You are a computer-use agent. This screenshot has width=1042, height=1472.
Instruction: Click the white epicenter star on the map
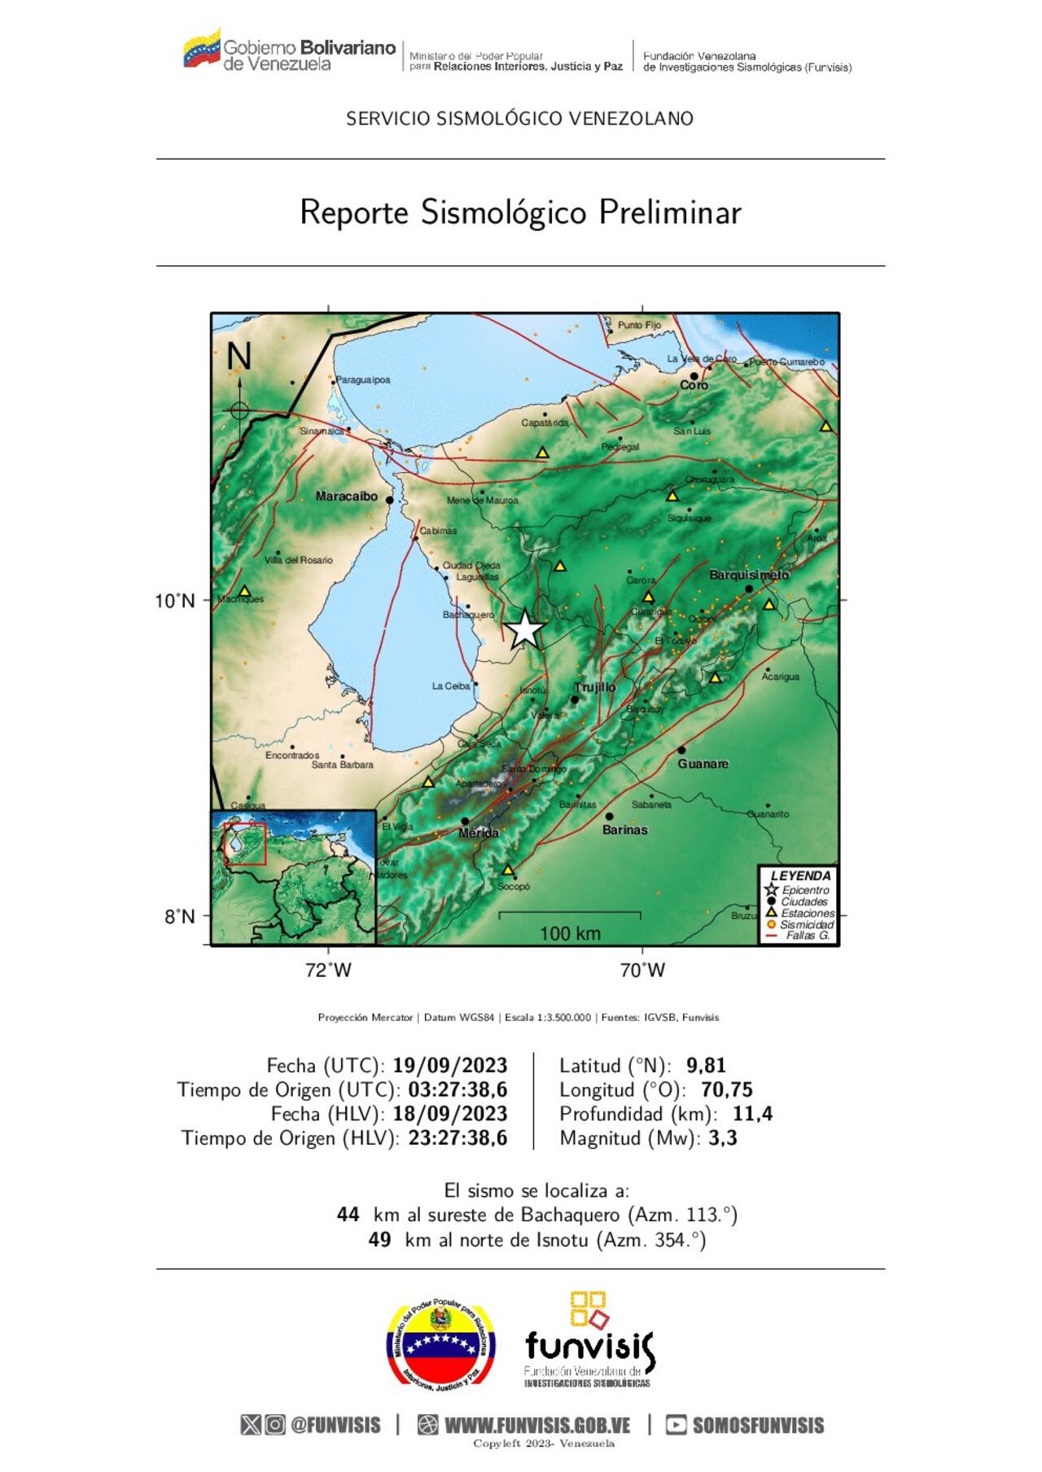click(526, 629)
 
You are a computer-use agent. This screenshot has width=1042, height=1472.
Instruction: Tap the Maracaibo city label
click(347, 496)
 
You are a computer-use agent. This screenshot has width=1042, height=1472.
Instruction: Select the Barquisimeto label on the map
click(749, 575)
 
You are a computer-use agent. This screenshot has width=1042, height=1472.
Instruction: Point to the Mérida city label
click(479, 833)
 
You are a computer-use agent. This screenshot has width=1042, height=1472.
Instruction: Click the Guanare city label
click(703, 764)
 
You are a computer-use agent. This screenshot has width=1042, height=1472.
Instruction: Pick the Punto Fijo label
click(639, 325)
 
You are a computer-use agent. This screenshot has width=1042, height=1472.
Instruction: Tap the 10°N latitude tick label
click(175, 601)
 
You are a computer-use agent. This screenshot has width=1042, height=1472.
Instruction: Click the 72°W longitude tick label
click(328, 970)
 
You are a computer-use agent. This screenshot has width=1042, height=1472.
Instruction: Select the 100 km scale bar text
click(570, 933)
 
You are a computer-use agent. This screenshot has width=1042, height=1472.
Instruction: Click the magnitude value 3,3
click(723, 1137)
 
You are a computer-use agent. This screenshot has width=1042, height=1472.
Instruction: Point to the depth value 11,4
click(752, 1113)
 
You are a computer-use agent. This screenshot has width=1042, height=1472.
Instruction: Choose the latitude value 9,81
click(706, 1065)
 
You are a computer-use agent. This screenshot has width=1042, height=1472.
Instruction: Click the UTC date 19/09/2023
click(449, 1065)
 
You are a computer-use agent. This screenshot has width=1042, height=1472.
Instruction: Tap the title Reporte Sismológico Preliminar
click(520, 212)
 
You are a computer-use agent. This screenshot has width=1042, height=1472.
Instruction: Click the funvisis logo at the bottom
click(589, 1343)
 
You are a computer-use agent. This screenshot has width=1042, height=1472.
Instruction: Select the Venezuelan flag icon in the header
click(201, 50)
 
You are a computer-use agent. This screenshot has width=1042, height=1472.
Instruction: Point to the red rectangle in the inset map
click(245, 843)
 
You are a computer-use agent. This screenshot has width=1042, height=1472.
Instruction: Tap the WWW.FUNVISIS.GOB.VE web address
click(537, 1425)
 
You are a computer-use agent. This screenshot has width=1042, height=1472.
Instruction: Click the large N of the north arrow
click(239, 357)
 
